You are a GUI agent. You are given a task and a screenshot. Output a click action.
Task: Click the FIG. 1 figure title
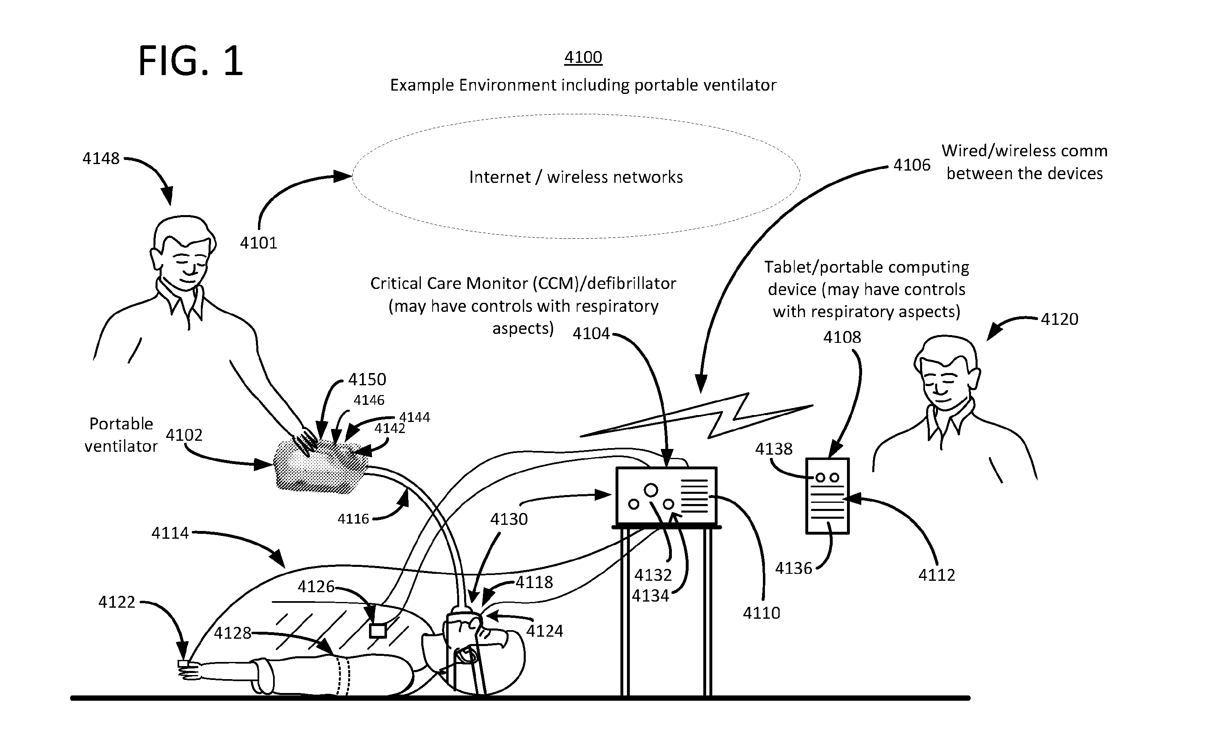(x=191, y=60)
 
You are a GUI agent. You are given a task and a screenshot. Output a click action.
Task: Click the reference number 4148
(x=101, y=158)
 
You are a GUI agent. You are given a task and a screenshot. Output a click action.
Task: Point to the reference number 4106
(x=912, y=165)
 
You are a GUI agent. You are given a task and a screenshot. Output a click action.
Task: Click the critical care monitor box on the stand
(x=666, y=495)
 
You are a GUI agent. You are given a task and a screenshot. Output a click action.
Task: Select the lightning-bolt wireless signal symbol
(x=697, y=416)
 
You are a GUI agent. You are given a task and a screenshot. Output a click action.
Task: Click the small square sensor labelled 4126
(x=378, y=631)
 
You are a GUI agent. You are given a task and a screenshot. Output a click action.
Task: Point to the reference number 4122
(x=117, y=602)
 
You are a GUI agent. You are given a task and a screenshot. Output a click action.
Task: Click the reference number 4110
(x=761, y=613)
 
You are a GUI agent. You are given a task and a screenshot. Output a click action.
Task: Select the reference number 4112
(x=937, y=575)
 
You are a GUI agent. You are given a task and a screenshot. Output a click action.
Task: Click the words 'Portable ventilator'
(x=121, y=435)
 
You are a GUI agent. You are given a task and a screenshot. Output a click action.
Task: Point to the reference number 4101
(x=258, y=243)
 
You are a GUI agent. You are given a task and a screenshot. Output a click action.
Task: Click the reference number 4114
(x=170, y=533)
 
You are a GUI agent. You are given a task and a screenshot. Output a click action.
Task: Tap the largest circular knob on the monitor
(x=651, y=491)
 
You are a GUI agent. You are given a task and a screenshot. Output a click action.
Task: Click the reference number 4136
(x=794, y=568)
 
